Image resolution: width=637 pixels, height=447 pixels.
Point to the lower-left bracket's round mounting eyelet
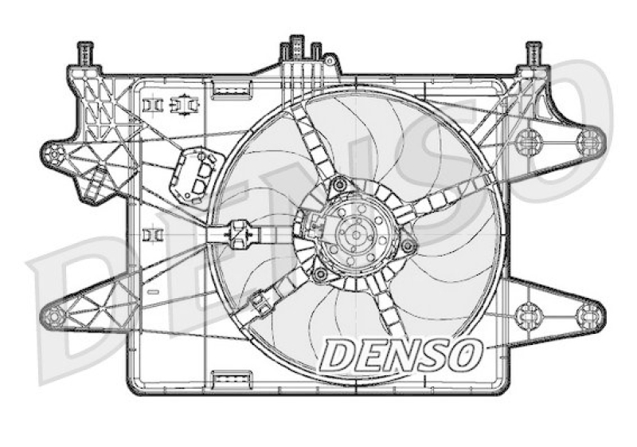pos(53,317)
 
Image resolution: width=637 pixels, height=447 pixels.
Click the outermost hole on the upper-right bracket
pos(589,142)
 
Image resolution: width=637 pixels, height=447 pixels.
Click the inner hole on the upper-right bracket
pos(526,143)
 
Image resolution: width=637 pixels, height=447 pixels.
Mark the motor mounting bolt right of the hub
pos(408,245)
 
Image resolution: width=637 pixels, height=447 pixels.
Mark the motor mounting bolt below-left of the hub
pos(320,275)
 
